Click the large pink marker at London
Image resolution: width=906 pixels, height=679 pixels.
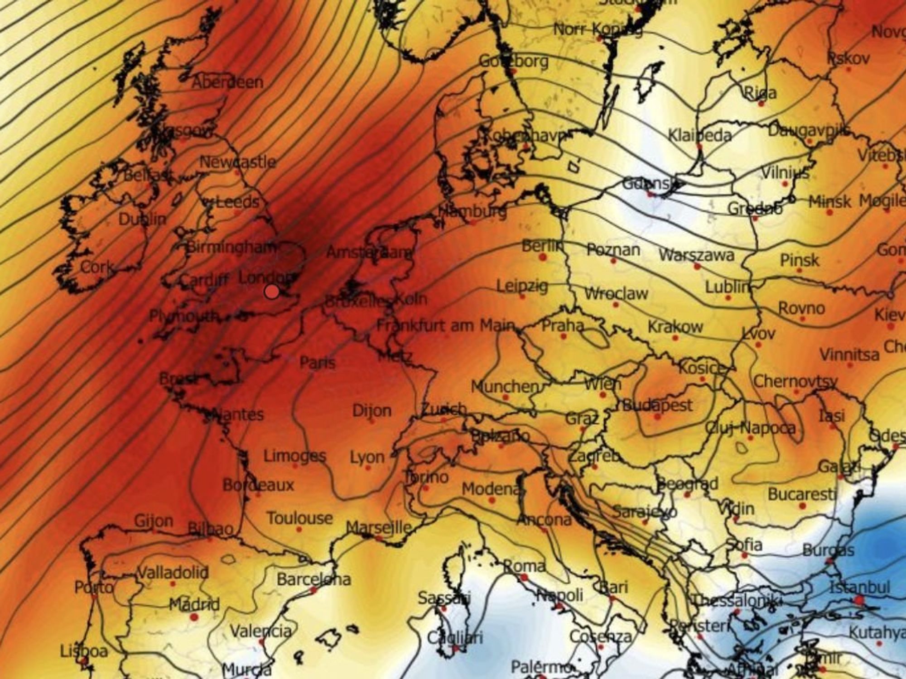pyautogui.click(x=272, y=292)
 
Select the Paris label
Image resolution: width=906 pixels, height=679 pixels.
pyautogui.click(x=318, y=362)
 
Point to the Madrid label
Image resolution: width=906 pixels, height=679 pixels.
pyautogui.click(x=194, y=604)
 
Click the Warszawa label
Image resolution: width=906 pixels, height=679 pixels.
pyautogui.click(x=696, y=255)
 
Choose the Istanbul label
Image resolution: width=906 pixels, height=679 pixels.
pyautogui.click(x=860, y=587)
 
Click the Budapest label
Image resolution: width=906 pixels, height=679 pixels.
pyautogui.click(x=657, y=405)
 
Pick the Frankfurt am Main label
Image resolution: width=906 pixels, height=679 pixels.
pyautogui.click(x=446, y=325)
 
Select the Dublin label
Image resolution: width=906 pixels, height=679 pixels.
pyautogui.click(x=142, y=220)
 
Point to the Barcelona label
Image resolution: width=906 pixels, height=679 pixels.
pyautogui.click(x=313, y=579)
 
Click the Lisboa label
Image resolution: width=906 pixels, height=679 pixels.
pyautogui.click(x=84, y=651)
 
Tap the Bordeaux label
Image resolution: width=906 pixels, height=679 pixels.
pyautogui.click(x=258, y=485)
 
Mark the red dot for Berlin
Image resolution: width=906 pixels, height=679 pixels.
pyautogui.click(x=543, y=257)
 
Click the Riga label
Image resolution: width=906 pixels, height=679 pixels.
pyautogui.click(x=761, y=93)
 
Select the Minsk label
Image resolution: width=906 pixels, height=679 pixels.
pyautogui.click(x=830, y=201)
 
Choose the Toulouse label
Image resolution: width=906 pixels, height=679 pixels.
pyautogui.click(x=299, y=518)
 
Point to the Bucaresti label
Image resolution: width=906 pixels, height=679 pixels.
pyautogui.click(x=801, y=494)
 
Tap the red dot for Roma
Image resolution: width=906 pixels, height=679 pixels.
pyautogui.click(x=524, y=578)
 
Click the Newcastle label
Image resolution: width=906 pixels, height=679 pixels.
pyautogui.click(x=237, y=162)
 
